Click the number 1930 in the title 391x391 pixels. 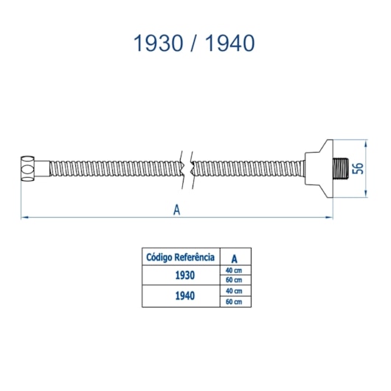[x=159, y=43]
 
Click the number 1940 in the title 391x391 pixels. [x=230, y=43]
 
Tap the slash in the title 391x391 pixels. [x=194, y=43]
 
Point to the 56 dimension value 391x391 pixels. [x=358, y=168]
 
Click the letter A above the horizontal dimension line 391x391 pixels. [x=176, y=210]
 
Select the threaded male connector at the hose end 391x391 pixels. [x=341, y=168]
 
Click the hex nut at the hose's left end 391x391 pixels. [x=27, y=168]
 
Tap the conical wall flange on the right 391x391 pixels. [x=319, y=168]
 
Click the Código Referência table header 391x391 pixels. [x=180, y=257]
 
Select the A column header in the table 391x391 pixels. [x=234, y=259]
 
